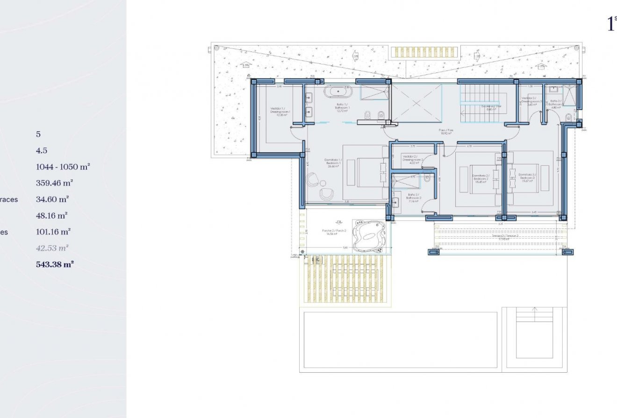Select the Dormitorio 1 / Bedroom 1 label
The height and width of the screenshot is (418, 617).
coord(333,163)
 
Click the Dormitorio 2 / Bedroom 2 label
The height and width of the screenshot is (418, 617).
coord(481,178)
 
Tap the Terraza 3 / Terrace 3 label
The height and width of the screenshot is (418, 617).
coord(501,237)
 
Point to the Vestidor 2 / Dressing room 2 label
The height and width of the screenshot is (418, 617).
coord(412,159)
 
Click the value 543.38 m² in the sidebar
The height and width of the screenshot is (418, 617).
coord(55,264)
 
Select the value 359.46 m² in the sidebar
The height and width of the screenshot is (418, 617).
coord(54,183)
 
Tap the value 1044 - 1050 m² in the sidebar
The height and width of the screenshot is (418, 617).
coord(63,166)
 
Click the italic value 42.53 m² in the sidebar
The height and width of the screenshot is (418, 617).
coord(52,248)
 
